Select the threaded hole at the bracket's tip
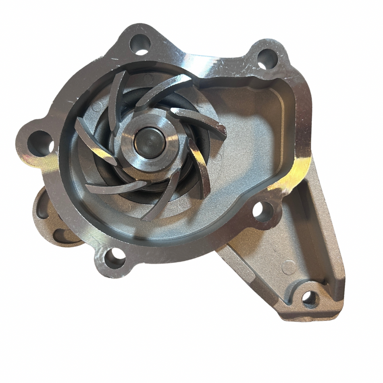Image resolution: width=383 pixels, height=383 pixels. [310, 299]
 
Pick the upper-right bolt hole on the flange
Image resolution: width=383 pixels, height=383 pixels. [267, 58]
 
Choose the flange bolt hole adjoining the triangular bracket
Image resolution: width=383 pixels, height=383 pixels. [263, 211]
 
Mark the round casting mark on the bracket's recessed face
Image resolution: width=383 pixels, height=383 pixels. [289, 267]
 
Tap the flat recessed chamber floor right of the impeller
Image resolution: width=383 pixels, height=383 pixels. [250, 141]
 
